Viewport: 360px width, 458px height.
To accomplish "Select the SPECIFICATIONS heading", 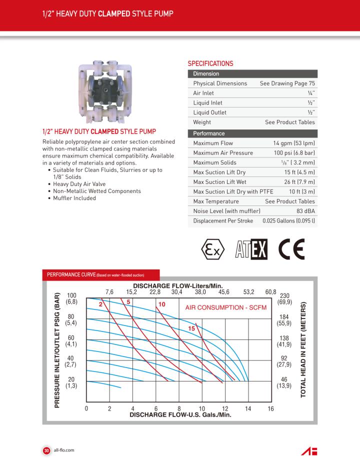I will [210, 64].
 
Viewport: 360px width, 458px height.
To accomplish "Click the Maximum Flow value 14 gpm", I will [293, 143].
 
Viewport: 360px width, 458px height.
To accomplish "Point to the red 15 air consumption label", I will [191, 328].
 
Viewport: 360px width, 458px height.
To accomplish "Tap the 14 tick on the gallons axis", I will [248, 409].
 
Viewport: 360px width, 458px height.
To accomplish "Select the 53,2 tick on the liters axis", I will [248, 291].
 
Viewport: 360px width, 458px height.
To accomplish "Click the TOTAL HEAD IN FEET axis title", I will [303, 350].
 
